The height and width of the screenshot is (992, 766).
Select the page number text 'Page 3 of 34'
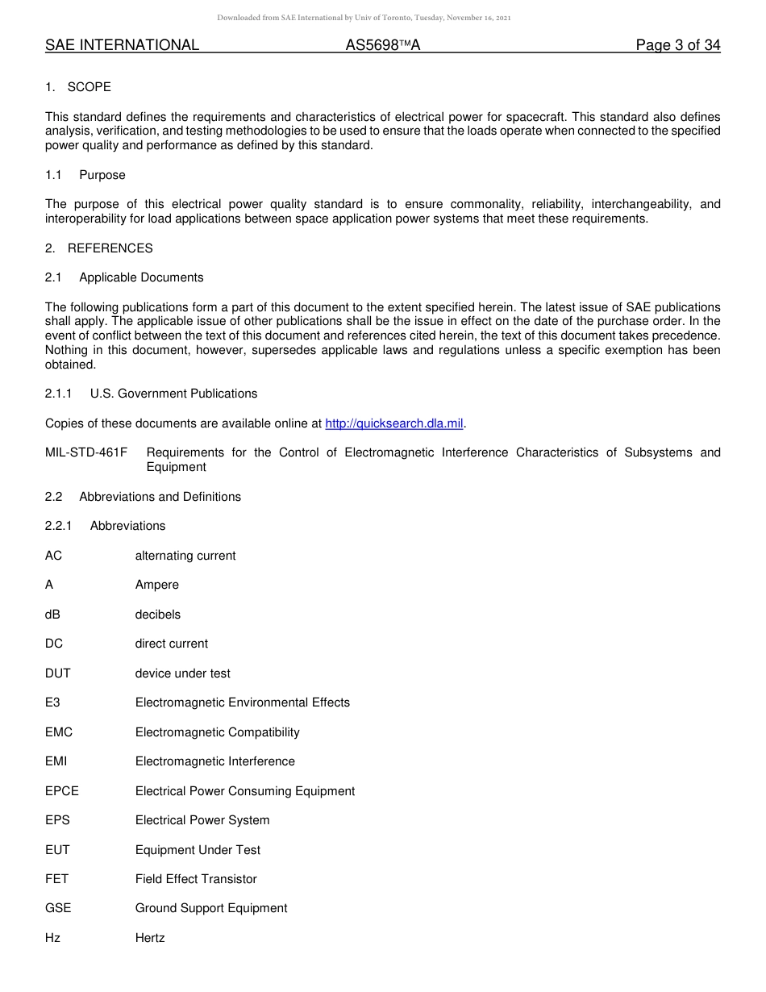point(677,45)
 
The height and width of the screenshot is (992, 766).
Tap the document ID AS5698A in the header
point(383,45)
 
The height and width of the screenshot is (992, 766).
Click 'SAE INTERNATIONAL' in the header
point(122,45)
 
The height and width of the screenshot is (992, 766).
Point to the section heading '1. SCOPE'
point(78,87)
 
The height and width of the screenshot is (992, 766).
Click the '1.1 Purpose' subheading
point(85,175)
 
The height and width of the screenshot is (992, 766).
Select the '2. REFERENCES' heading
point(99,248)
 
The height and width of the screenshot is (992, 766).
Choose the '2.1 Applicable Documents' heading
point(124,277)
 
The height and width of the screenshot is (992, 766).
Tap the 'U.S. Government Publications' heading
point(173,394)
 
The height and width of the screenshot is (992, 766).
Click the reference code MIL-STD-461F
point(86,452)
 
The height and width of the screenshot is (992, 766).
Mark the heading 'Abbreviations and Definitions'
point(160,497)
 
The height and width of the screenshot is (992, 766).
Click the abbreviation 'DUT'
point(58,673)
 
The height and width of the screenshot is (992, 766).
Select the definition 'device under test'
point(182,673)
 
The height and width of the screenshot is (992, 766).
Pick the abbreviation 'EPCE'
point(62,791)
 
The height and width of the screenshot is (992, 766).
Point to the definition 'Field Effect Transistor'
point(196,879)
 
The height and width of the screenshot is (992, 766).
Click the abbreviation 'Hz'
point(52,938)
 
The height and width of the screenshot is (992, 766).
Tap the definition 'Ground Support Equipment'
point(211,908)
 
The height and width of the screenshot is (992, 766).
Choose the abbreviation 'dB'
point(52,615)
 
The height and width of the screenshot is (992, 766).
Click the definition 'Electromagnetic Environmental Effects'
point(243,702)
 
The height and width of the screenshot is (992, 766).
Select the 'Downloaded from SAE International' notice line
point(364,18)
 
